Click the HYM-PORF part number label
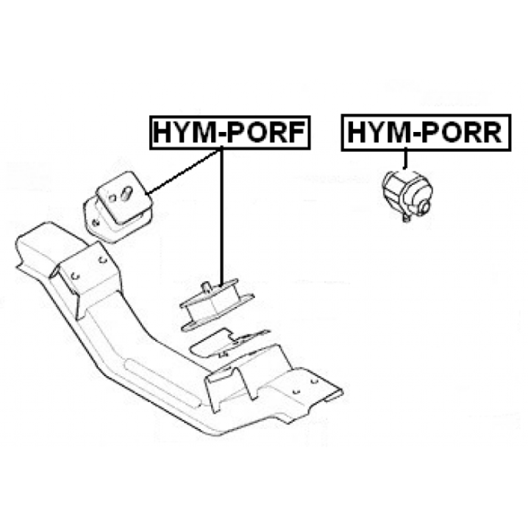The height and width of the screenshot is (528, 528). click(230, 133)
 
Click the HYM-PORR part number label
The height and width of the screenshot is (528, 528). click(426, 133)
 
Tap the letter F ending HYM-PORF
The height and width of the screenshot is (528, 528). click(295, 133)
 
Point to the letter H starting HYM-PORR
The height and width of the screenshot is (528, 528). click(357, 133)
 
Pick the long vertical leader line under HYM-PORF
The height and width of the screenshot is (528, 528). click(222, 217)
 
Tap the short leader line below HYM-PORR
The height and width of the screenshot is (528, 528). click(405, 159)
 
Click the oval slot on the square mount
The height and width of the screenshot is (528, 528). click(127, 193)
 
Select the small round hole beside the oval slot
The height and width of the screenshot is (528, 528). click(112, 197)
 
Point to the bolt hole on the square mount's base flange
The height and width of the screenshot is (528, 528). click(96, 222)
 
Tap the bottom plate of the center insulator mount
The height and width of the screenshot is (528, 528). click(217, 313)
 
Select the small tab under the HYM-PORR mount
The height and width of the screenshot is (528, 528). click(407, 218)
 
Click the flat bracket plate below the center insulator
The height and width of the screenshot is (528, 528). click(229, 343)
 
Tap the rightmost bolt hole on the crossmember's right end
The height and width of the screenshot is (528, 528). click(314, 381)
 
